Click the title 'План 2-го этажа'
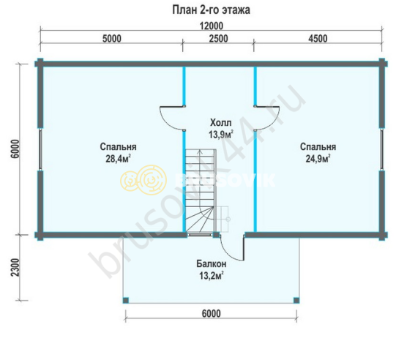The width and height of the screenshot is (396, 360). (x=211, y=10)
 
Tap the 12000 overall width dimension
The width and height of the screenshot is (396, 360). (x=212, y=26)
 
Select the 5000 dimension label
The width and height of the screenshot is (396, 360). (x=112, y=39)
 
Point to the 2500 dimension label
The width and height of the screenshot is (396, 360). (x=219, y=39)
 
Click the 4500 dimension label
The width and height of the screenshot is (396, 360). (x=318, y=39)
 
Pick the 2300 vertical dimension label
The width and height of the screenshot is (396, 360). (x=15, y=267)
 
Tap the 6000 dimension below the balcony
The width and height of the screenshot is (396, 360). (x=212, y=314)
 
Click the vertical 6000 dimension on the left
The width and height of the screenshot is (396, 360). (x=15, y=149)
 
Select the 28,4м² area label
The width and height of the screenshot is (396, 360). (x=118, y=159)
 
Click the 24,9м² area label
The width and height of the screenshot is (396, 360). (x=318, y=159)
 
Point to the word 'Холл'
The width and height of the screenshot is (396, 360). (x=221, y=123)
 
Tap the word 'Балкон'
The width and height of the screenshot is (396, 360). (x=212, y=264)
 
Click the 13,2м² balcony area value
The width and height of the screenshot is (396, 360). (x=212, y=276)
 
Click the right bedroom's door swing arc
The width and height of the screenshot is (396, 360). (x=273, y=124)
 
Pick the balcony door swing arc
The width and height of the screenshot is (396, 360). (x=225, y=253)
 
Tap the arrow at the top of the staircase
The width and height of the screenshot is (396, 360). (x=200, y=151)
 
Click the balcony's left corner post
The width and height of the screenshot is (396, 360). (x=125, y=301)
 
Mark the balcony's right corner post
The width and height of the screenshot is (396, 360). (x=296, y=301)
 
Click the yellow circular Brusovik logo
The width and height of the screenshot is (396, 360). (x=143, y=180)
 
